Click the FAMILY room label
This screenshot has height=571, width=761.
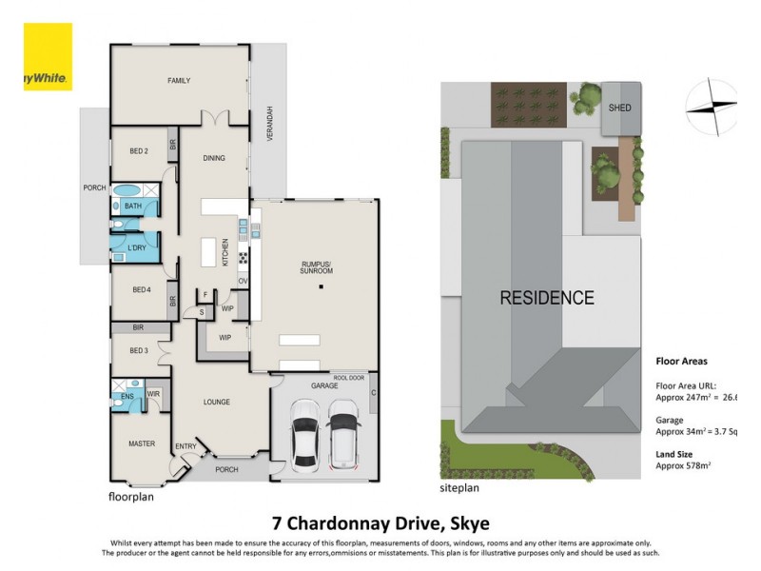[x=180, y=81]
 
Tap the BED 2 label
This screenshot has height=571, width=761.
[x=140, y=151]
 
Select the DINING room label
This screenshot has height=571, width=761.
[x=214, y=158]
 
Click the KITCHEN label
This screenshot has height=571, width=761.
[x=225, y=252]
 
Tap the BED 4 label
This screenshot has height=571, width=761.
[x=141, y=289]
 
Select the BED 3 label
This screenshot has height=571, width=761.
[x=139, y=350]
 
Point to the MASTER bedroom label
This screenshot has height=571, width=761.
[x=142, y=443]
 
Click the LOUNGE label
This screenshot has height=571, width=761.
[x=217, y=402]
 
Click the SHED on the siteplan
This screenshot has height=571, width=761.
[x=619, y=108]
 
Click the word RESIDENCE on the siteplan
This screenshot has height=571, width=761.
[x=547, y=298]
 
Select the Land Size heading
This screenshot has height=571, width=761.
[x=679, y=454]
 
